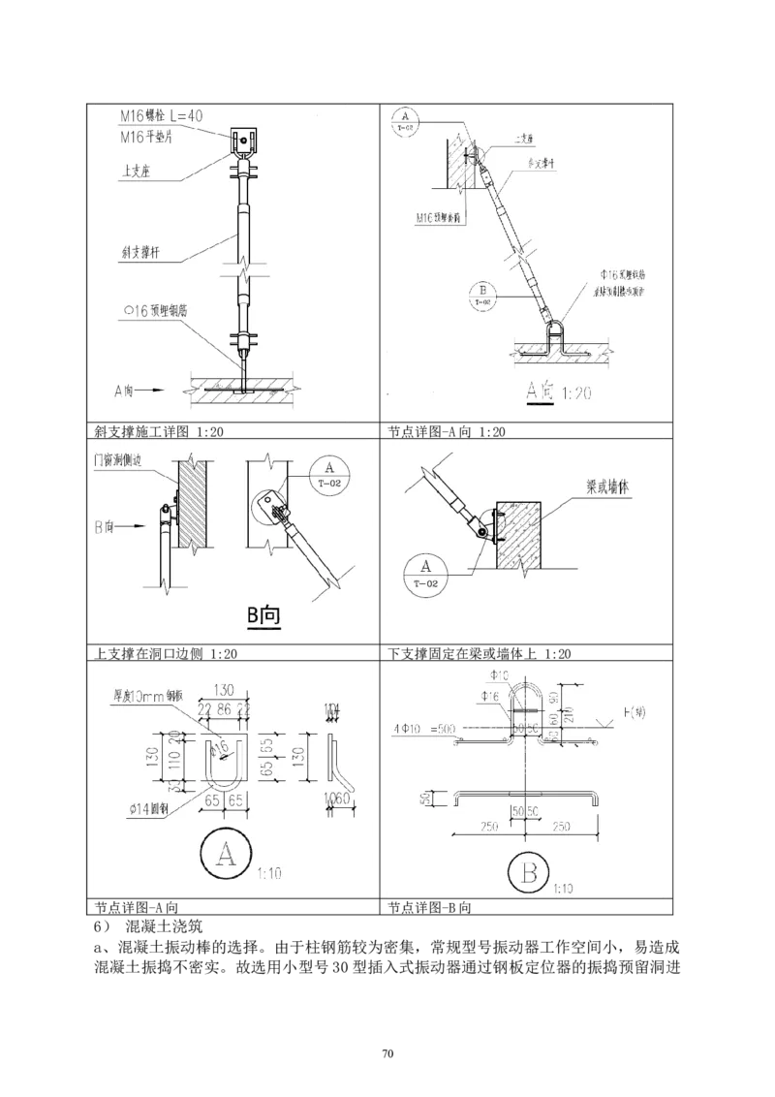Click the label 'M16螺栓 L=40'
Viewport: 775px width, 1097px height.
[x=162, y=115]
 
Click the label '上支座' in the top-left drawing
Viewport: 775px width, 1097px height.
[x=136, y=173]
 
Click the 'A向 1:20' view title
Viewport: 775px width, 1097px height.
[x=559, y=392]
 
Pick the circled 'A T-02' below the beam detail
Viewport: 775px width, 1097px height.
[x=423, y=572]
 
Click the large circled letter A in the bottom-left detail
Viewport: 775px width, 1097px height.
[x=227, y=857]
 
